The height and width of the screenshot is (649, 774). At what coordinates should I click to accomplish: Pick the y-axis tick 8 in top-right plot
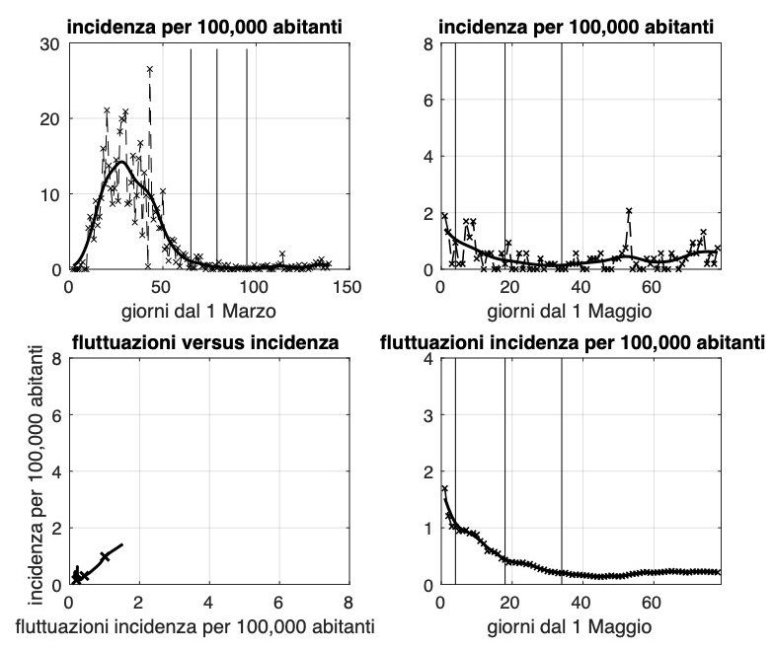tap(426, 43)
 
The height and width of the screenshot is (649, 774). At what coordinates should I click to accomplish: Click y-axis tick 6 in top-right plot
tap(426, 100)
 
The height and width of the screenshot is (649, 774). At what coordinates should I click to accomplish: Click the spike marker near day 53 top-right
tap(628, 211)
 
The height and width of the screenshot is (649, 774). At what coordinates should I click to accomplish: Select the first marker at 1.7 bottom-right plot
tap(445, 488)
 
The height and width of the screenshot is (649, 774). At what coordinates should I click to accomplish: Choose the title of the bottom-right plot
tap(574, 343)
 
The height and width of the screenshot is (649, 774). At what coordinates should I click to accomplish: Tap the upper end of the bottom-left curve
tap(121, 543)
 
